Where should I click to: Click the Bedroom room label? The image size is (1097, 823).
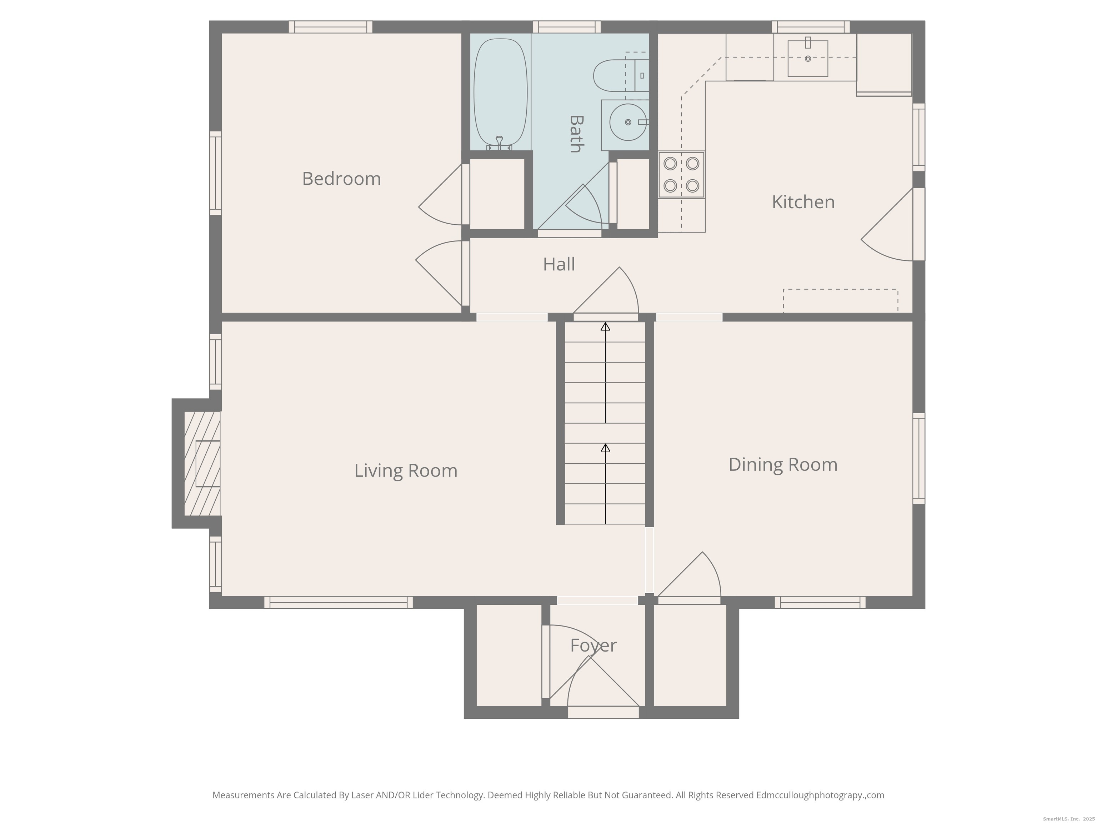pyautogui.click(x=341, y=179)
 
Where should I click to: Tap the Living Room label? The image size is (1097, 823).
pyautogui.click(x=406, y=471)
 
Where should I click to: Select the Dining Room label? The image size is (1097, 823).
pyautogui.click(x=783, y=465)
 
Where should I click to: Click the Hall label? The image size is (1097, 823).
pyautogui.click(x=559, y=264)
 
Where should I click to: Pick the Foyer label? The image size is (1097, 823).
pyautogui.click(x=593, y=646)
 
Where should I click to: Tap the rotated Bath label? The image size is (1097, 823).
pyautogui.click(x=575, y=134)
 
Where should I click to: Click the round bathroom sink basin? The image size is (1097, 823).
pyautogui.click(x=628, y=122)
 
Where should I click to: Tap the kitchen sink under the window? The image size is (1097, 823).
pyautogui.click(x=808, y=58)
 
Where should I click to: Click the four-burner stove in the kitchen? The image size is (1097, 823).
pyautogui.click(x=681, y=175)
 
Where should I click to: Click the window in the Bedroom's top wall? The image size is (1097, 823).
pyautogui.click(x=330, y=27)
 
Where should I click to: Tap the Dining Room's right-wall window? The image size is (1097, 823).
pyautogui.click(x=919, y=458)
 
